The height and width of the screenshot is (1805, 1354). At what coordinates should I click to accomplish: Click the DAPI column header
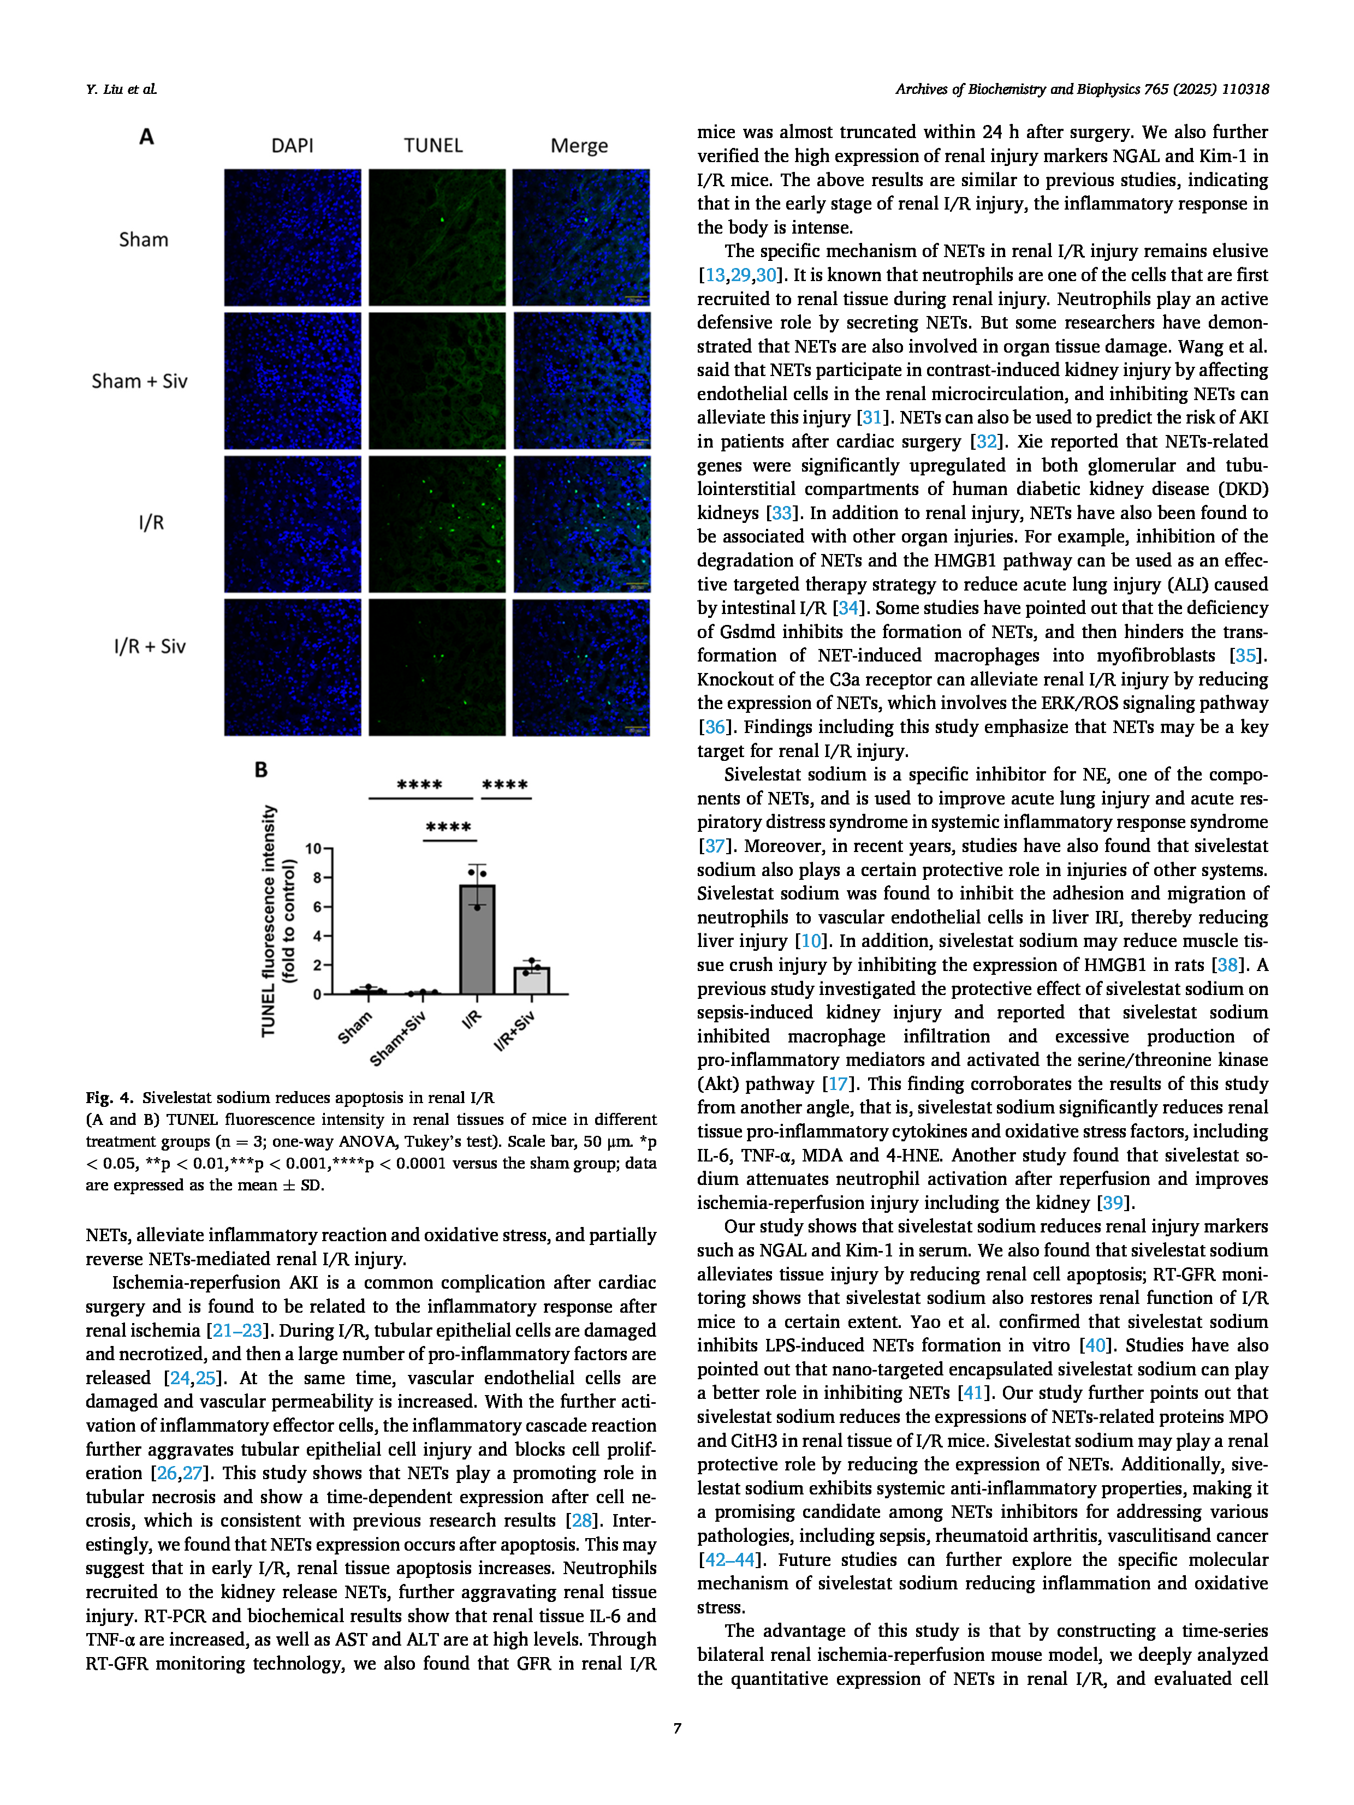(x=292, y=145)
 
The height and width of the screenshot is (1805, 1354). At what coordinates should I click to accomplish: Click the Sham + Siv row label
(x=140, y=381)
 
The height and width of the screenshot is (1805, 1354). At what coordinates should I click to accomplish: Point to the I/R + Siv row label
(x=150, y=646)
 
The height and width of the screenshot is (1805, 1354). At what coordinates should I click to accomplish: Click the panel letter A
(x=146, y=136)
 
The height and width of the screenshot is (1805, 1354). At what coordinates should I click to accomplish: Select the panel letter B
(x=261, y=770)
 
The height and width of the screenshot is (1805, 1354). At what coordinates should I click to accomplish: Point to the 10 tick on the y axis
(x=313, y=849)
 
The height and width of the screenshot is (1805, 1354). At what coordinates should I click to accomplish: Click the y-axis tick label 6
(x=318, y=907)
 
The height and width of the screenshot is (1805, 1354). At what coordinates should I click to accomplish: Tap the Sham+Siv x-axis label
(x=397, y=1038)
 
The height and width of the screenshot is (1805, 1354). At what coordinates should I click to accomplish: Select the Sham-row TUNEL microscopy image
(x=437, y=237)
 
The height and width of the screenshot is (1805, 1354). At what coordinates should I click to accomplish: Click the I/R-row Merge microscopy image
(x=581, y=524)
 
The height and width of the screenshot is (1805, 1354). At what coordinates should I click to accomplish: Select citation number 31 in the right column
(x=872, y=418)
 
